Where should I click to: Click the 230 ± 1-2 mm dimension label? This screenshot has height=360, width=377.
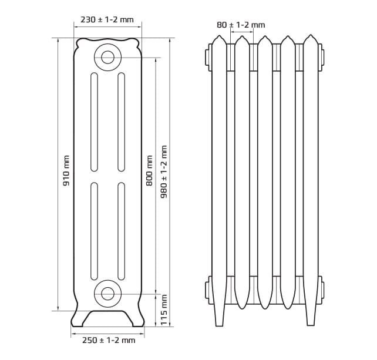(x=107, y=19)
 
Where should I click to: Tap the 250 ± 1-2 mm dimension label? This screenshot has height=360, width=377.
(x=109, y=340)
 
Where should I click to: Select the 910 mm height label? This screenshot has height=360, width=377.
(x=66, y=170)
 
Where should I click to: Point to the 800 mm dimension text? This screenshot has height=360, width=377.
(x=149, y=170)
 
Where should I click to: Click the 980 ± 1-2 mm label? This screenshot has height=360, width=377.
(x=164, y=171)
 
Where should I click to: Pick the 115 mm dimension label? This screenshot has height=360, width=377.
(x=164, y=310)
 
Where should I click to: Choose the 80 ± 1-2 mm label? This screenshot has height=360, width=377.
(x=241, y=25)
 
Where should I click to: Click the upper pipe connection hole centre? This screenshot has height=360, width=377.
(x=107, y=57)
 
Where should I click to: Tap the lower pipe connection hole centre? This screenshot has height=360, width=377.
(x=107, y=294)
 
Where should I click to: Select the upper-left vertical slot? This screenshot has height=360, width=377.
(x=94, y=122)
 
